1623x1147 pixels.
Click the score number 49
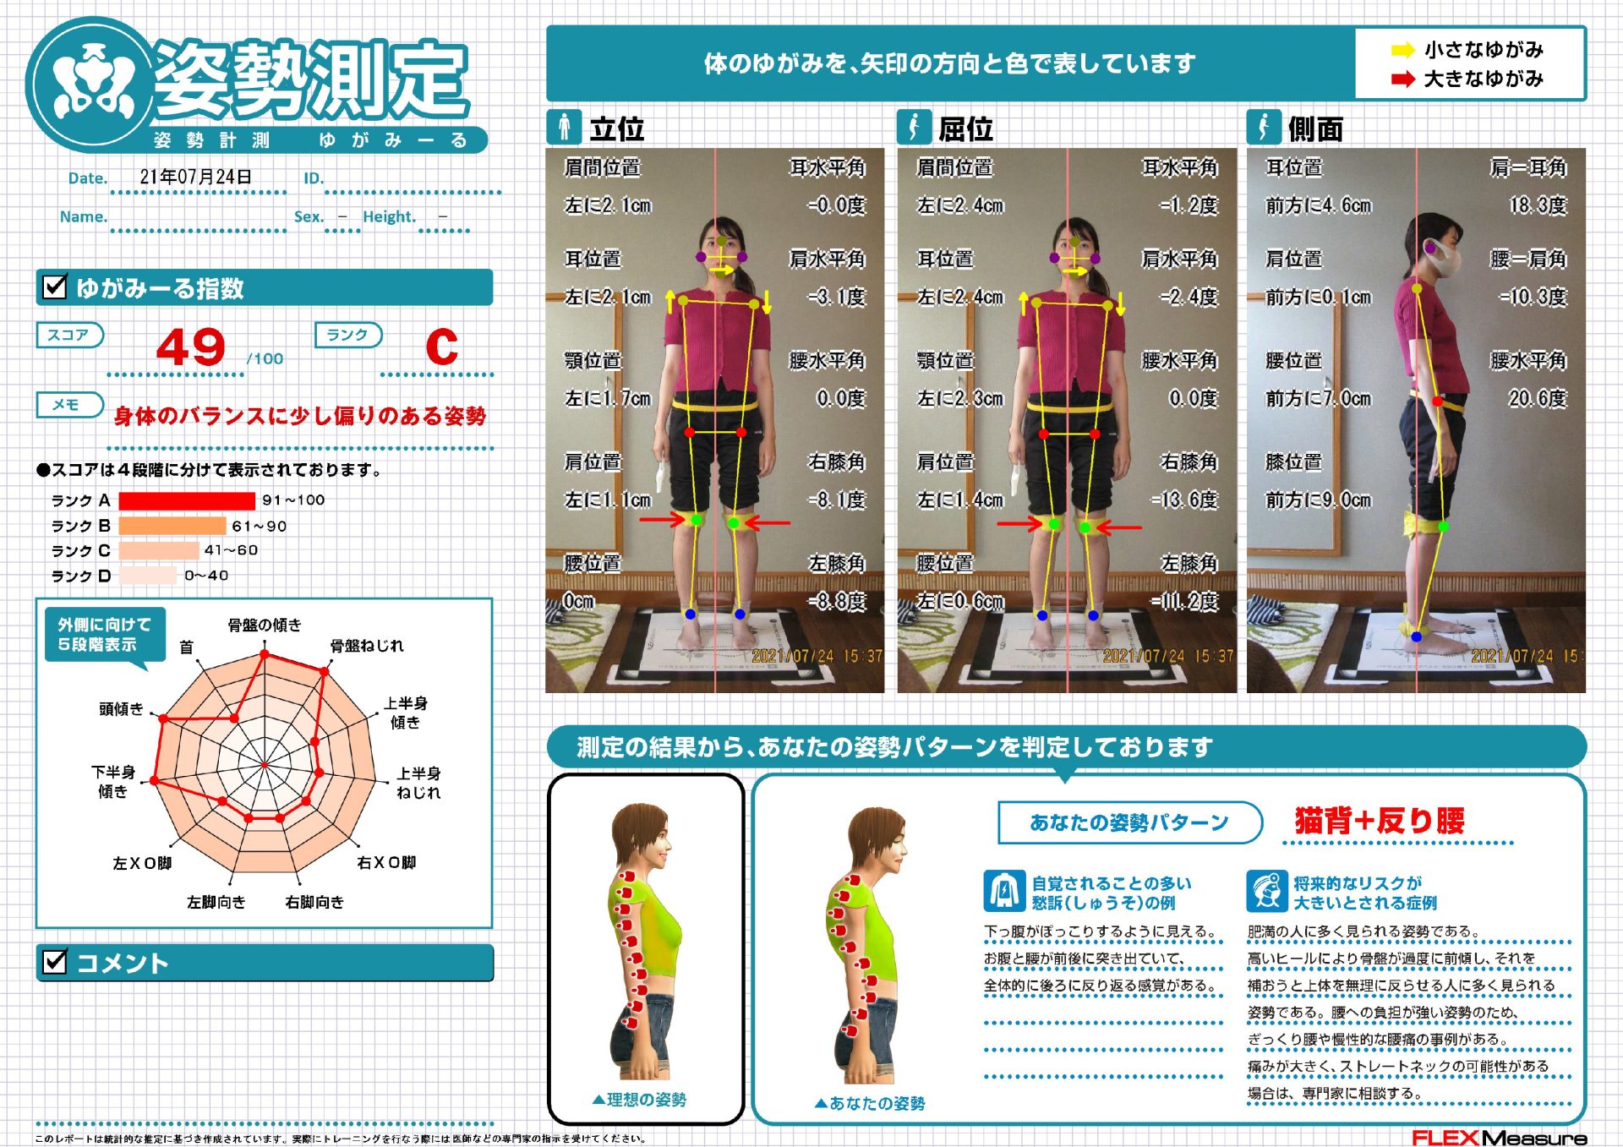coord(191,347)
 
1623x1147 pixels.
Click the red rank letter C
coord(441,347)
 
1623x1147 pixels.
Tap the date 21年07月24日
coord(195,177)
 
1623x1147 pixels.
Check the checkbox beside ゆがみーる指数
coord(55,287)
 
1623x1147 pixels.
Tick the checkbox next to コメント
coord(55,962)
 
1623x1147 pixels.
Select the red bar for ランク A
coord(187,500)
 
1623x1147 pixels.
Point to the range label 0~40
coord(206,576)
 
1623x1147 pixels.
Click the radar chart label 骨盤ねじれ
coord(367,646)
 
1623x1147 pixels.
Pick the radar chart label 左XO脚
coord(142,863)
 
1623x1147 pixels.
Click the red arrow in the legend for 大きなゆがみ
coord(1403,79)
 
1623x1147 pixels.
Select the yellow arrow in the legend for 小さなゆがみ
coord(1403,50)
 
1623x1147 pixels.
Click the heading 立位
coord(617,129)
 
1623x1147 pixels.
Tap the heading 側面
coord(1315,129)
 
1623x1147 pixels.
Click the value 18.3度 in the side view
coord(1538,205)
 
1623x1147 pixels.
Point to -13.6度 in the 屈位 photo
coord(1184,500)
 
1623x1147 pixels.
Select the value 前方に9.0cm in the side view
coord(1318,500)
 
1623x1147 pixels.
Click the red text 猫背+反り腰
coord(1380,820)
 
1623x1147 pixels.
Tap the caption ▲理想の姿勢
coord(639,1099)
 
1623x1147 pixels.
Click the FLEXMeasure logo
coord(1499,1138)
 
